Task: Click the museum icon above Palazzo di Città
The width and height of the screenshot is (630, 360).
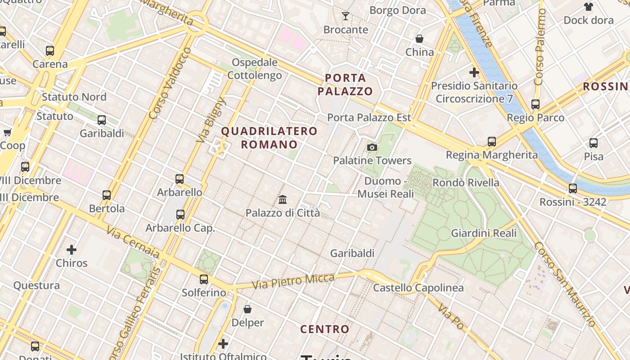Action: [283, 199]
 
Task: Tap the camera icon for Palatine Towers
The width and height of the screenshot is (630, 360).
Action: [372, 147]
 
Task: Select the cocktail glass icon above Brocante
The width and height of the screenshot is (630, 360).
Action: [346, 17]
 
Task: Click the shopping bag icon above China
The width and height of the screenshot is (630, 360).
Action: [419, 39]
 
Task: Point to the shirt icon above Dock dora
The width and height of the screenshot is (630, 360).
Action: [588, 7]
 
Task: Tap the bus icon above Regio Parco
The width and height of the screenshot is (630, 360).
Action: [535, 104]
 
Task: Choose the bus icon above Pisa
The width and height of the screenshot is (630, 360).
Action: [594, 143]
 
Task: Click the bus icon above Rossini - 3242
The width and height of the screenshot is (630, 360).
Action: [572, 189]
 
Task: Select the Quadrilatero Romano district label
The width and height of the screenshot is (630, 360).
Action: [270, 138]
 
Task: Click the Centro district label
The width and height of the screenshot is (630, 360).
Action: [325, 329]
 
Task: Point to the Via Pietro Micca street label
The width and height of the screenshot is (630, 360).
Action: [293, 282]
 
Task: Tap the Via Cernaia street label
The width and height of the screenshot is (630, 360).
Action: [133, 242]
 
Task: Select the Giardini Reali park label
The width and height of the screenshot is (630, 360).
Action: [484, 233]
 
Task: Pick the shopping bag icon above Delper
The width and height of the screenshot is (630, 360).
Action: [247, 309]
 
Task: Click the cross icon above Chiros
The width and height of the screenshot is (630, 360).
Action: [72, 249]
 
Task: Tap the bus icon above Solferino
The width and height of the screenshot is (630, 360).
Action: [204, 279]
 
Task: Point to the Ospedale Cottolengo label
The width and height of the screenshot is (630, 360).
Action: [255, 68]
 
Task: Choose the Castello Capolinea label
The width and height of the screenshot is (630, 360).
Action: [418, 288]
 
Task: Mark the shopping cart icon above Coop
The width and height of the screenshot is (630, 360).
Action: [7, 132]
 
